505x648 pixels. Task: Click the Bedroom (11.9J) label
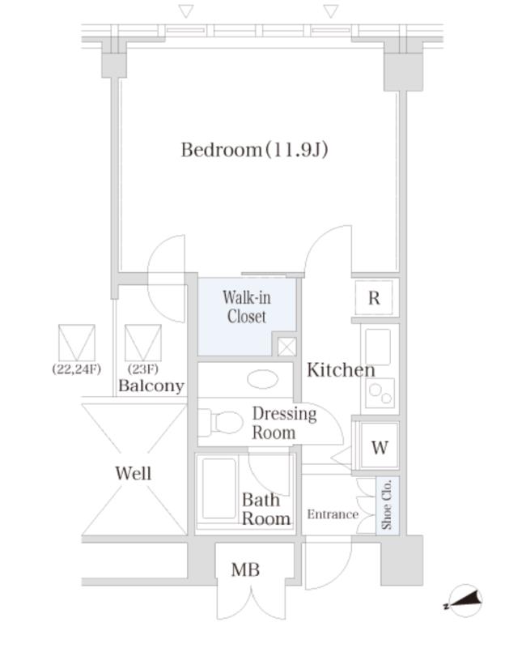(x=254, y=150)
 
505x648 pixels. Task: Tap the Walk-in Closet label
(x=247, y=307)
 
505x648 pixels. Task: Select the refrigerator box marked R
(x=374, y=297)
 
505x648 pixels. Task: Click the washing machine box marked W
(x=379, y=447)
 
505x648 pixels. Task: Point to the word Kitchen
(x=341, y=370)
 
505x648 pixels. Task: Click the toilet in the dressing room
(x=220, y=422)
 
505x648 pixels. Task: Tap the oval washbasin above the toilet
(x=263, y=379)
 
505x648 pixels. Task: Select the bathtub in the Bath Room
(x=219, y=489)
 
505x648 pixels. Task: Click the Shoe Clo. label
(x=387, y=505)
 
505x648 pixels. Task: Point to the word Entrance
(x=333, y=514)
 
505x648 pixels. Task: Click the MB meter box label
(x=245, y=569)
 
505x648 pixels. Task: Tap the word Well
(x=133, y=473)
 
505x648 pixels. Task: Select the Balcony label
(x=151, y=386)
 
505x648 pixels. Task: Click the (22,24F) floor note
(x=76, y=369)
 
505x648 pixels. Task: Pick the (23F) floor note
(x=143, y=369)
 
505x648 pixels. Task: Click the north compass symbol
(x=464, y=600)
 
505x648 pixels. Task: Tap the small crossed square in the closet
(x=286, y=347)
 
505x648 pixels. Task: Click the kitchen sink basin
(x=378, y=347)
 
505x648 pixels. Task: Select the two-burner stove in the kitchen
(x=380, y=393)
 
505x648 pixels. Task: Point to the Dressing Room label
(x=285, y=423)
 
